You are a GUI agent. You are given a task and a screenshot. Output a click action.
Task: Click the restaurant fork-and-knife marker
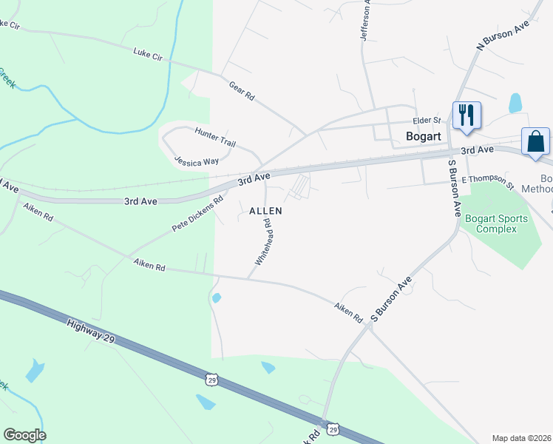pos(467,116)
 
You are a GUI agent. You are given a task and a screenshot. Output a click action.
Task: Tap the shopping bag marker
pos(535,141)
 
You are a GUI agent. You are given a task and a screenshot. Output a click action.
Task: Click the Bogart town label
pos(424,136)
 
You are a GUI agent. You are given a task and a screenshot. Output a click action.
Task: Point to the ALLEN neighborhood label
pos(265,211)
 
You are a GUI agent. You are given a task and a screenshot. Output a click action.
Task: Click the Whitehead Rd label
pos(264,246)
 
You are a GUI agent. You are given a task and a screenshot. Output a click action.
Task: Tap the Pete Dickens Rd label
pos(197,214)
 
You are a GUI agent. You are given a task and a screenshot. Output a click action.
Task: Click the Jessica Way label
pos(197,161)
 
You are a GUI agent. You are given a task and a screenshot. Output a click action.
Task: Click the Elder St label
pos(427,120)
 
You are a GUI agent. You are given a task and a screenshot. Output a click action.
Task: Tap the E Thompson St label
pos(487,181)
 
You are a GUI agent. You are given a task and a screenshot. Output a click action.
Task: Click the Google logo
pos(24,434)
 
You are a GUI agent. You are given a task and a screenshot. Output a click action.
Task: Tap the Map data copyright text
pos(522,438)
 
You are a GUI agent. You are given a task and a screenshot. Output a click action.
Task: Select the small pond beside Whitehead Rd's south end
pos(216,297)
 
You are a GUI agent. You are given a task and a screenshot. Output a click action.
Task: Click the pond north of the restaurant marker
pos(515,102)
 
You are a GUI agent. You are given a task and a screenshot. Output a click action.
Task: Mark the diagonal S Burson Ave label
pos(391,300)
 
